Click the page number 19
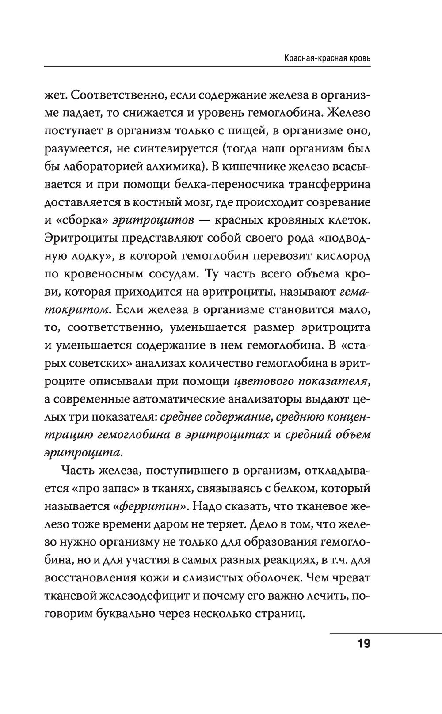(364, 643)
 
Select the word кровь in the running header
(359, 58)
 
